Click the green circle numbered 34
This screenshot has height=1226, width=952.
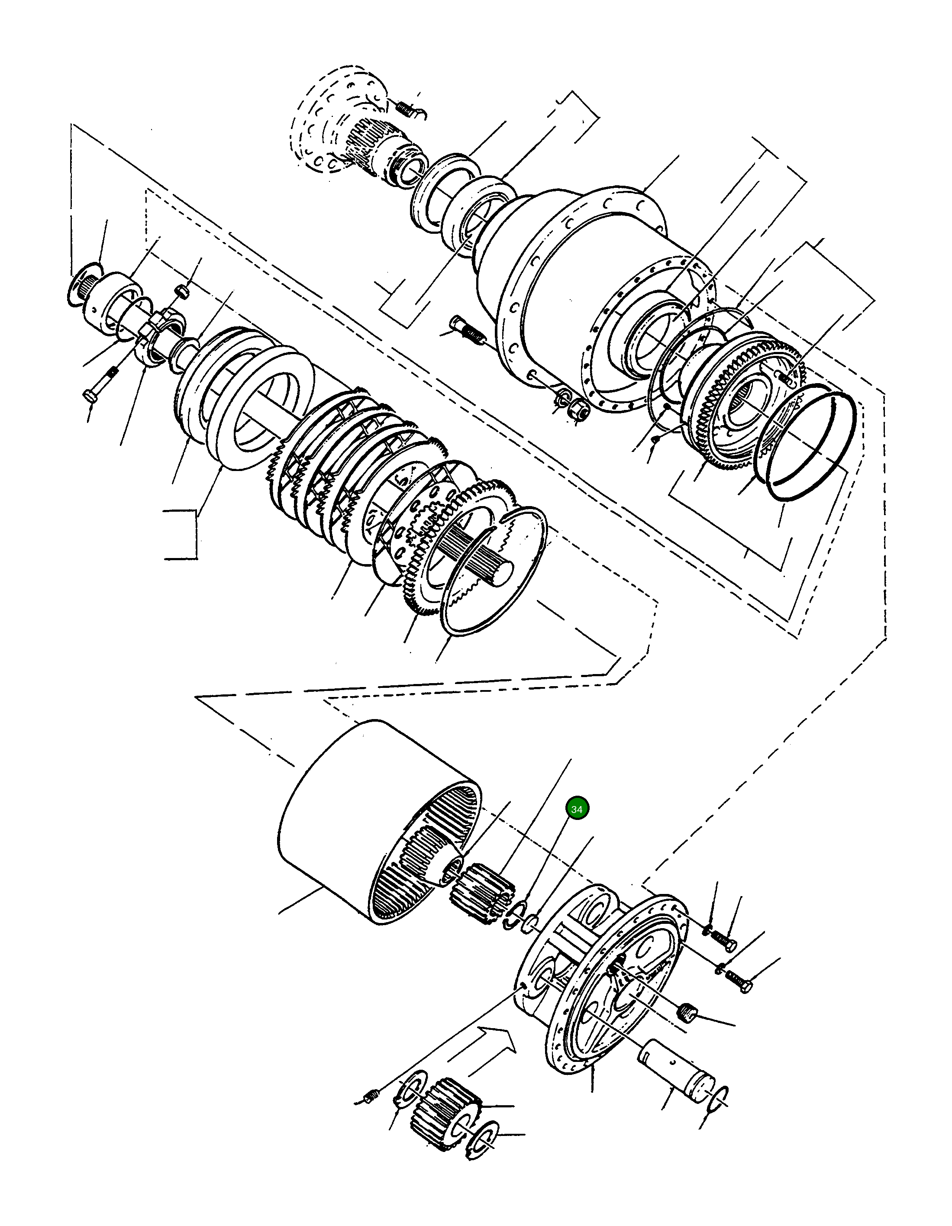(577, 809)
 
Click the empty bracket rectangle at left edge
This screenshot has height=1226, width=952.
(181, 534)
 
